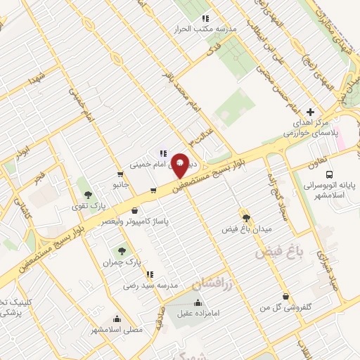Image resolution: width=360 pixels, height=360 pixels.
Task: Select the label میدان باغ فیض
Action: pos(246,229)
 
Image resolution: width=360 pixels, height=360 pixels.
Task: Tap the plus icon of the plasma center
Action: pos(310,112)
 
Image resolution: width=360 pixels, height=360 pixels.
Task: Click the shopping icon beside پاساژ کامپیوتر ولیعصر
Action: pos(134,209)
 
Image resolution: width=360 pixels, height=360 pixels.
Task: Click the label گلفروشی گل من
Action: pos(285,308)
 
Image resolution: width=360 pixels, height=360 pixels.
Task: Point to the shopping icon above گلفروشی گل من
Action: pos(285,297)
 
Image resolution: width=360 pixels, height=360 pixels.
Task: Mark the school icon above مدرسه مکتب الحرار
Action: pos(205,18)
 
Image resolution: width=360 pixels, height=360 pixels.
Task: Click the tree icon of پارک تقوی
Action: pos(88,194)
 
